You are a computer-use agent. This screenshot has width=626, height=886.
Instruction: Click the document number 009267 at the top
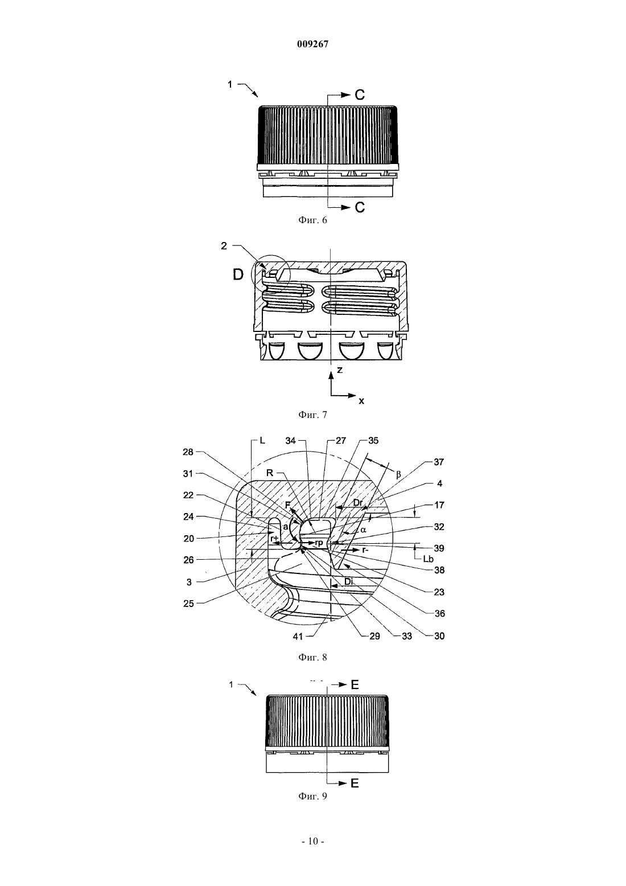[x=312, y=44]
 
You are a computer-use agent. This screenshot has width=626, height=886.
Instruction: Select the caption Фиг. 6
[x=312, y=220]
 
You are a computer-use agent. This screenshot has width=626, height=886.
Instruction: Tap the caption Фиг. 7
[x=312, y=415]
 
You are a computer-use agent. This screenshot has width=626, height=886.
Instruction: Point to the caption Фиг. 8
[x=312, y=657]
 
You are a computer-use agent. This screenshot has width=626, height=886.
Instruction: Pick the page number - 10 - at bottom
[x=313, y=842]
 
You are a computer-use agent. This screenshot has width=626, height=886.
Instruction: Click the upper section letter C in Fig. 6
[x=360, y=95]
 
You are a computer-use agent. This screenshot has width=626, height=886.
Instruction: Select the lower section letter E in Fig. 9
[x=355, y=784]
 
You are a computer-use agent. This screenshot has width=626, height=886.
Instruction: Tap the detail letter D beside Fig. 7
[x=238, y=274]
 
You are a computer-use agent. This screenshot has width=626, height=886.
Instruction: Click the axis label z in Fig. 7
[x=340, y=370]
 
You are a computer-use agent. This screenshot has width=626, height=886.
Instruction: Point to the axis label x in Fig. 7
[x=361, y=401]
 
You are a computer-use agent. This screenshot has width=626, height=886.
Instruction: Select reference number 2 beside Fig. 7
[x=224, y=246]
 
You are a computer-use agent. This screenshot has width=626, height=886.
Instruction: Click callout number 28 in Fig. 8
[x=188, y=452]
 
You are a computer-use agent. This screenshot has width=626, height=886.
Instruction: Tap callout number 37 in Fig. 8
[x=439, y=462]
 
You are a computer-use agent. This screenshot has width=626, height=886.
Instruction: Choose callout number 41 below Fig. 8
[x=298, y=637]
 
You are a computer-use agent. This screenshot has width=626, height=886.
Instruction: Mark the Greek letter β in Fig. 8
[x=398, y=474]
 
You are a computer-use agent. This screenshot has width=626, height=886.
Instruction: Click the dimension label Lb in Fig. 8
[x=428, y=559]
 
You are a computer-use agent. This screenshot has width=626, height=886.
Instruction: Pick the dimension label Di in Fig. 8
[x=348, y=581]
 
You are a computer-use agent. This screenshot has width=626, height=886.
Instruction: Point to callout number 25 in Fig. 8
[x=188, y=604]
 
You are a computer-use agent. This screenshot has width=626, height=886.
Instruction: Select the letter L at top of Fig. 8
[x=262, y=440]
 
